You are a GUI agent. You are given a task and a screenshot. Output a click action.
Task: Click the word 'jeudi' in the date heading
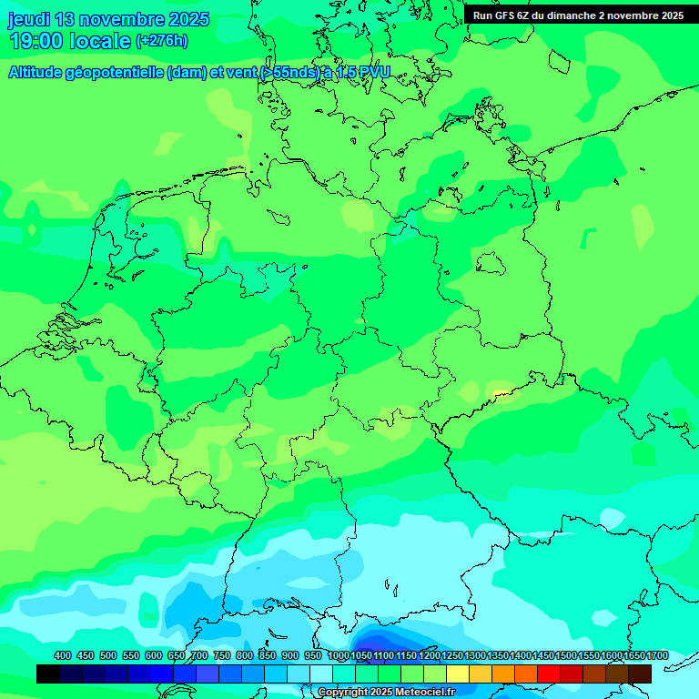(29, 19)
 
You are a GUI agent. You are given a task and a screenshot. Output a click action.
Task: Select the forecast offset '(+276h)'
(161, 41)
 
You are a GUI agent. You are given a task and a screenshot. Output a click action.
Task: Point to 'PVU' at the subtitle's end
(375, 73)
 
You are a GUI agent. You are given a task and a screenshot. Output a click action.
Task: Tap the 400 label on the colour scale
(63, 656)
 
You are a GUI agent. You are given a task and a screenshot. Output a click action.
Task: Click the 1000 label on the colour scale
(338, 656)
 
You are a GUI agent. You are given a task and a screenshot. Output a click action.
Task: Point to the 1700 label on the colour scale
(657, 656)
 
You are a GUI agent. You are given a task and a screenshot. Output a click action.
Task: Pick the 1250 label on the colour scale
(452, 656)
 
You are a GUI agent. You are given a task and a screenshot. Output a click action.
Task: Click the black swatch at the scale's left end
(48, 674)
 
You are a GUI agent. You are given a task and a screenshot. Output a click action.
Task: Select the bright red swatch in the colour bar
(549, 674)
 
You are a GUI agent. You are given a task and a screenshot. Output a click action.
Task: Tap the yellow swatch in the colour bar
(458, 674)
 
